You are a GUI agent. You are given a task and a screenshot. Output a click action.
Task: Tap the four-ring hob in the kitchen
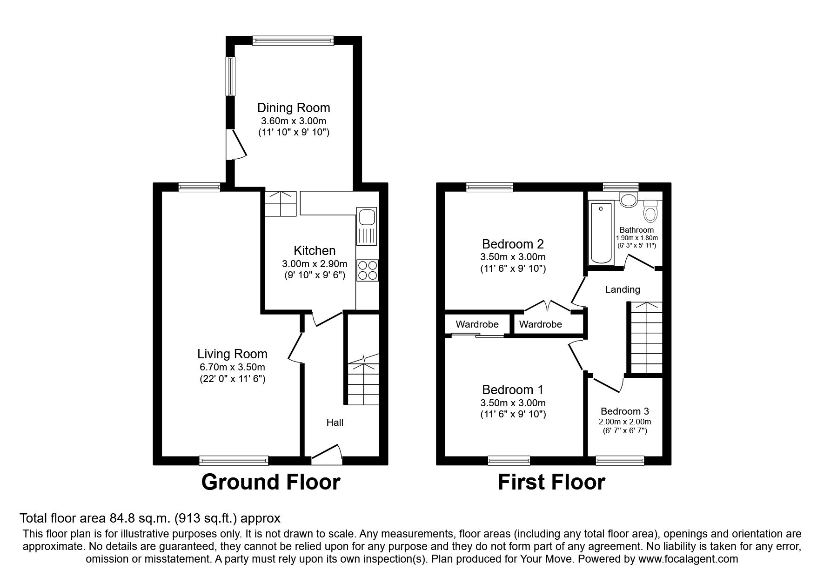367,270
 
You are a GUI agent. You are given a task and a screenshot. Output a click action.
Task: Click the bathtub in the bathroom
601,234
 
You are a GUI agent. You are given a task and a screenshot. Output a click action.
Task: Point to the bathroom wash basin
629,200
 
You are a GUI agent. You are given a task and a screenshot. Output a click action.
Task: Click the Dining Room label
294,108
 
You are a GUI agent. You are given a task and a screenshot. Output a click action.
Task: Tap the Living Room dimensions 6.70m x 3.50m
232,367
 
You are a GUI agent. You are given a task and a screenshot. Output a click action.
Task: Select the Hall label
335,422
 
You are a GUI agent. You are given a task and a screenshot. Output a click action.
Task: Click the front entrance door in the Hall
327,454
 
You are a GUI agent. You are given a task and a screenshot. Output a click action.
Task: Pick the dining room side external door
236,145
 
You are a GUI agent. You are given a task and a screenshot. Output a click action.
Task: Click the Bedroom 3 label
624,411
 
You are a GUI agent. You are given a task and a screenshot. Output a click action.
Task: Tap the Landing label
622,289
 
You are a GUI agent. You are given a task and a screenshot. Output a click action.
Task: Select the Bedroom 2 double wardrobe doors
548,306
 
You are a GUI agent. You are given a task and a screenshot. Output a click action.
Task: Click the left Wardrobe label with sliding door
477,324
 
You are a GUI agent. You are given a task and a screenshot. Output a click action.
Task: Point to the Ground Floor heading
270,482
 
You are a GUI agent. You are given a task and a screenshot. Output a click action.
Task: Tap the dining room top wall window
293,41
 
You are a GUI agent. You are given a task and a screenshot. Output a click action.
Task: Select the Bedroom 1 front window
509,461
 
